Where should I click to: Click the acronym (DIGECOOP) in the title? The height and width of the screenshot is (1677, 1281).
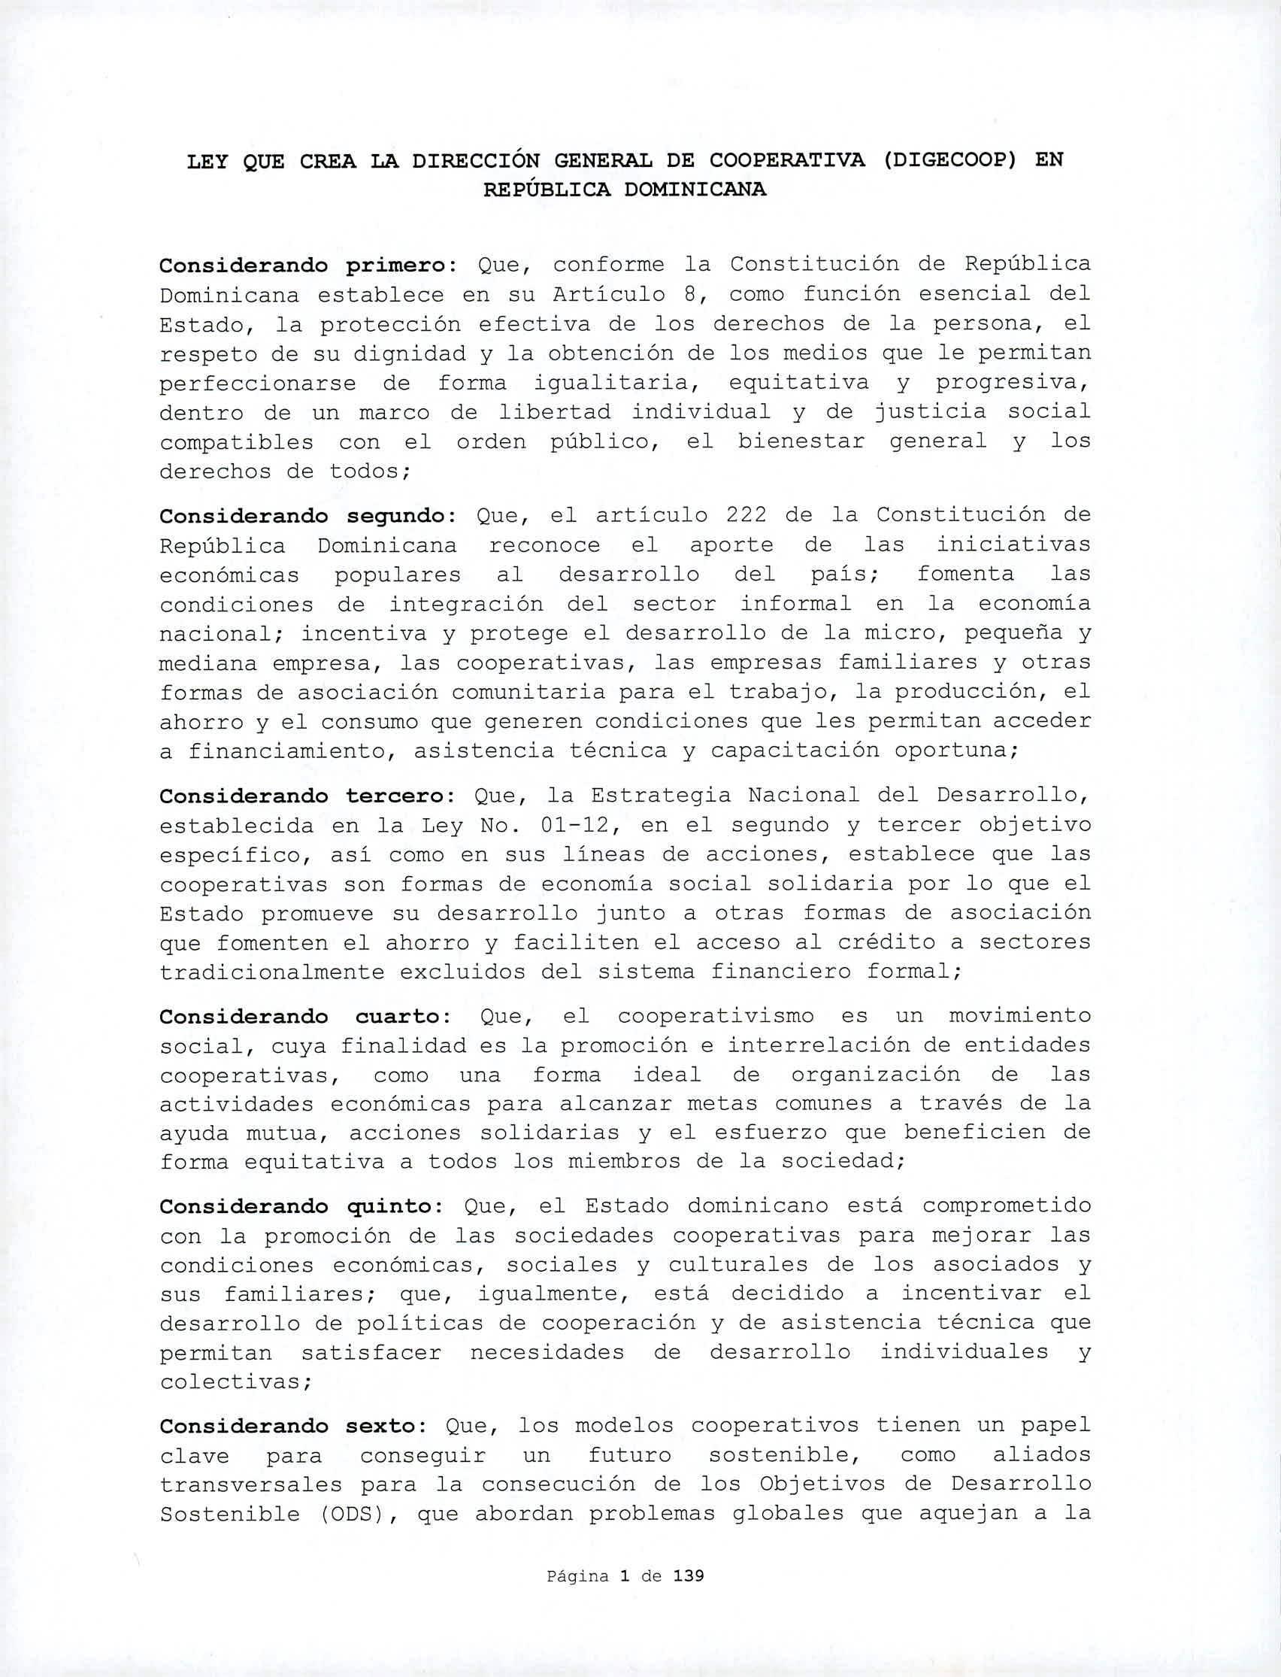click(x=949, y=160)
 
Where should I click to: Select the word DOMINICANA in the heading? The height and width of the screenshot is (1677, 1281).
click(x=695, y=190)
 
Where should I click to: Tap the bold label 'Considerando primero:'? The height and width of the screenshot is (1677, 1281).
click(x=307, y=265)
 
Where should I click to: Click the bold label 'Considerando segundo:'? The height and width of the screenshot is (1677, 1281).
click(x=307, y=517)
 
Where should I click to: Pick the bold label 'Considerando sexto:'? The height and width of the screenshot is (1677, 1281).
click(x=293, y=1426)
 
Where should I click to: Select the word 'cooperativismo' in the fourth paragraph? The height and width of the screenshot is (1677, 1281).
click(x=714, y=1017)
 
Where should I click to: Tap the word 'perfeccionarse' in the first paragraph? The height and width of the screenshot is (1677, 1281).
click(x=257, y=383)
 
